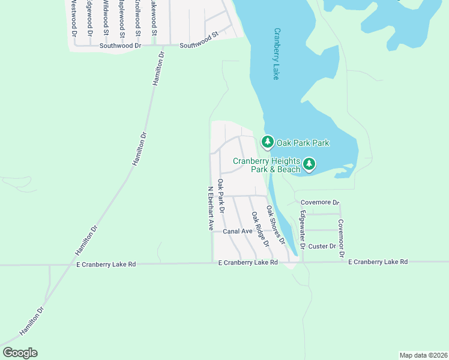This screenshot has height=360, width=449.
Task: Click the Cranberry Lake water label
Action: (277, 54)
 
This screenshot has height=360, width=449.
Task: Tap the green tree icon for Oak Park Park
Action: (267, 142)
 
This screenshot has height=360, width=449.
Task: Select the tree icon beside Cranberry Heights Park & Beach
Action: (309, 164)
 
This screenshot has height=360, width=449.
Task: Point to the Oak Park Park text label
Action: (303, 143)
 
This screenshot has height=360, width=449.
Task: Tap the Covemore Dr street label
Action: (320, 203)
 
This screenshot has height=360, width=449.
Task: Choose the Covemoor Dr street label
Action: (341, 238)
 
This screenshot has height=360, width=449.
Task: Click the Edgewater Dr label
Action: (303, 230)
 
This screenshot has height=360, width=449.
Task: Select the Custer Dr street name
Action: (322, 246)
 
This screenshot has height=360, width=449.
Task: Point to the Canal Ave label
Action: (238, 231)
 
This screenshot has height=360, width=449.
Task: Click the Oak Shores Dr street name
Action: (275, 224)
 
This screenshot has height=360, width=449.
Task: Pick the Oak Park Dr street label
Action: (221, 196)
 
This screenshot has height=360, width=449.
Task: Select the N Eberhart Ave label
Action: (211, 208)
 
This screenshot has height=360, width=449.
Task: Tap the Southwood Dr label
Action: (120, 45)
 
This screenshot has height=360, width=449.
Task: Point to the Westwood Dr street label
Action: (74, 18)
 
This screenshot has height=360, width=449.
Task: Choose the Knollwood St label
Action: (137, 15)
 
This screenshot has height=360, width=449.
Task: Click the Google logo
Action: (20, 353)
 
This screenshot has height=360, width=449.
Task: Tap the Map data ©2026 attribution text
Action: (423, 355)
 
